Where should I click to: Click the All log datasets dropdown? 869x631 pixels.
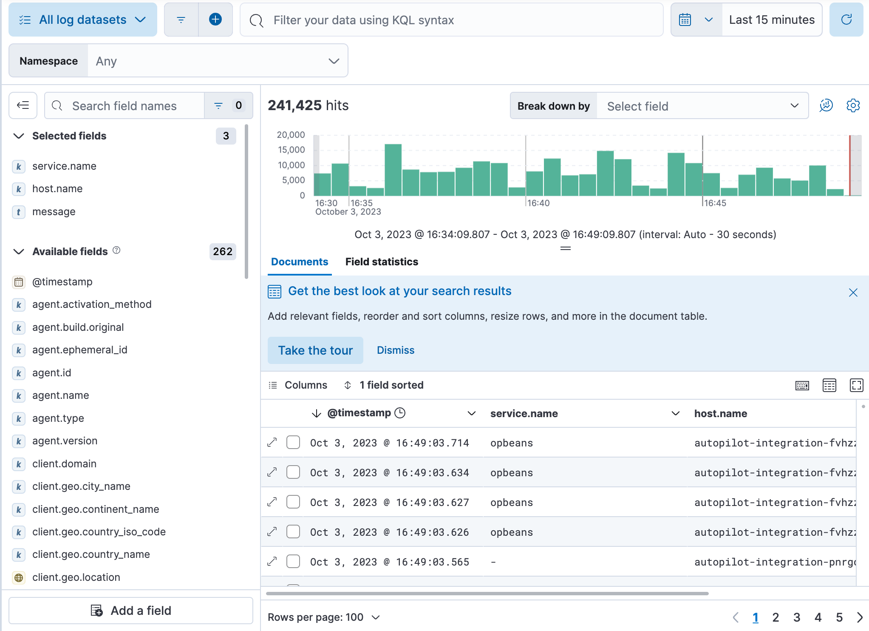click(83, 20)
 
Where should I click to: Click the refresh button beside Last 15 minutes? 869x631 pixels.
click(846, 20)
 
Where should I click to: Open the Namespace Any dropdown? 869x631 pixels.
click(217, 61)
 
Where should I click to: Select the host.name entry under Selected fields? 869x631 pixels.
click(57, 189)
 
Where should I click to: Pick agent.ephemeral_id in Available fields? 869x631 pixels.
click(79, 350)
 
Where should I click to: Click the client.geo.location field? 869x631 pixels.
click(76, 577)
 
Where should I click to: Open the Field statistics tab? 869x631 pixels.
click(382, 262)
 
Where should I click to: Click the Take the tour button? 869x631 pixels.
click(315, 350)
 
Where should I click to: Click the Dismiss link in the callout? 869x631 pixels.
click(395, 350)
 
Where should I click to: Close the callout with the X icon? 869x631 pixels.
click(853, 293)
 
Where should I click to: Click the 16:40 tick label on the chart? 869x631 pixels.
click(538, 203)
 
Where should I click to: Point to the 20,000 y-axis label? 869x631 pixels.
click(291, 135)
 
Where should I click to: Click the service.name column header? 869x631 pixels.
click(524, 414)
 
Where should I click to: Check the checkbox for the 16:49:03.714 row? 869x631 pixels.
click(293, 443)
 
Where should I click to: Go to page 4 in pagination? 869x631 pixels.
click(818, 617)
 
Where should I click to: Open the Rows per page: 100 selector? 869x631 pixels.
click(323, 617)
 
